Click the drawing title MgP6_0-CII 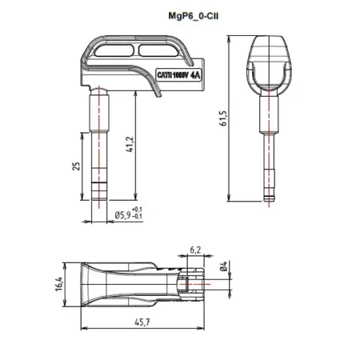[x=179, y=14]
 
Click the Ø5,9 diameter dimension [x=123, y=214]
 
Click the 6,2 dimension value [x=194, y=250]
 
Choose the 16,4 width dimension [x=58, y=283]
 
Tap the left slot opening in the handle [x=114, y=52]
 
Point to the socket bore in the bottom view [x=194, y=283]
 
